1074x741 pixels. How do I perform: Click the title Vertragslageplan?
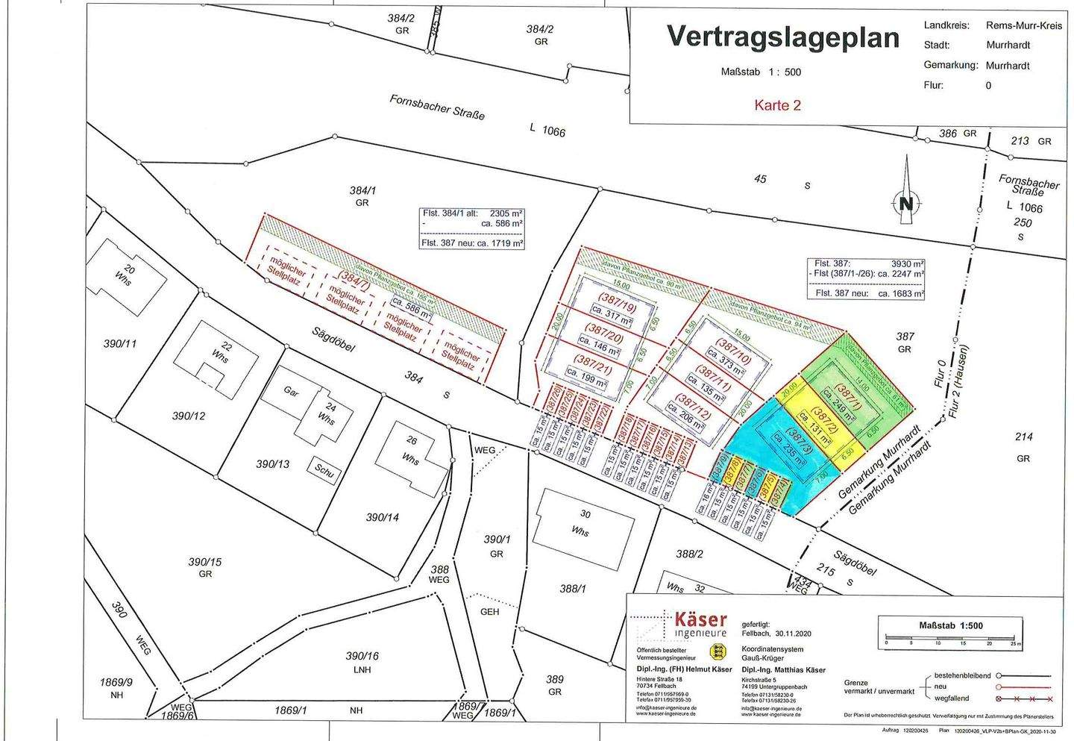pos(782,36)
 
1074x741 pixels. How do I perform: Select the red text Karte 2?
pos(777,105)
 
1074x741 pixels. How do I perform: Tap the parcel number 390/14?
pos(383,517)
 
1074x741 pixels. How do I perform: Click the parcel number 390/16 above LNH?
pos(362,656)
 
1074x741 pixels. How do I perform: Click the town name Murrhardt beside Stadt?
pos(1008,45)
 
